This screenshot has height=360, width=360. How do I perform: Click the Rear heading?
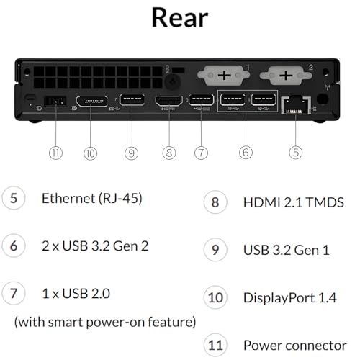180,18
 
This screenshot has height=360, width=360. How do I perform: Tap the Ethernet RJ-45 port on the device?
296,105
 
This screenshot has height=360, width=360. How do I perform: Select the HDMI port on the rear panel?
169,101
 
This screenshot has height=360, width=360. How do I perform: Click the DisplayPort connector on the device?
91,102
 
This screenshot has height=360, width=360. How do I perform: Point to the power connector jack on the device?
55,102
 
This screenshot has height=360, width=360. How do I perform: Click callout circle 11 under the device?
55,153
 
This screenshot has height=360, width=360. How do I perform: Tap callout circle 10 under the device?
91,153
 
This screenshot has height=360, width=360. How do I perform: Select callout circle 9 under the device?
132,153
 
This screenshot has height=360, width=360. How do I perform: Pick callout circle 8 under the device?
169,153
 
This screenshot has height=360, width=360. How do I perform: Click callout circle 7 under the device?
201,153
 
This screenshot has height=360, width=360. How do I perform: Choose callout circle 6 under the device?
246,153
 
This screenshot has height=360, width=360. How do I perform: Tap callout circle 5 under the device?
296,153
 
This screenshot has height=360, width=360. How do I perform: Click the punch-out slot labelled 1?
223,76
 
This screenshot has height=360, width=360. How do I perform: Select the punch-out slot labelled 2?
286,76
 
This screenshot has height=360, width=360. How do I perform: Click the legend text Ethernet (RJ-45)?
92,199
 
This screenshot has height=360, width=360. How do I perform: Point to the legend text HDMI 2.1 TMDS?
294,202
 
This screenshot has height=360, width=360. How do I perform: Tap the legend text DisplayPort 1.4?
289,298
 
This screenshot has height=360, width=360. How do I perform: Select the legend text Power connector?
295,346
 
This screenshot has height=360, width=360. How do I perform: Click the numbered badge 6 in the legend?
14,246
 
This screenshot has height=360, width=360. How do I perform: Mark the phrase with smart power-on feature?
105,322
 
